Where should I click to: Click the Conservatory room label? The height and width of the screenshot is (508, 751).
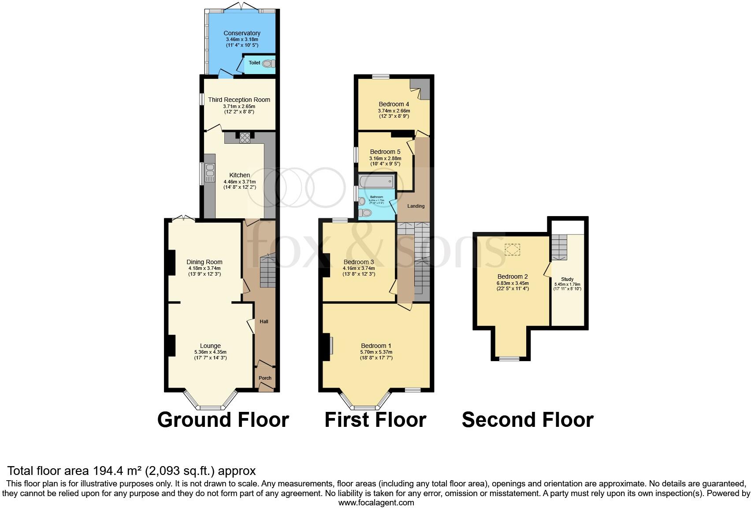[242, 33]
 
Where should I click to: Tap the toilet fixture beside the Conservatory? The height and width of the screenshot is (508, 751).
[267, 63]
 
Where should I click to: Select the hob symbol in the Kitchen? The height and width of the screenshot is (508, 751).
[245, 138]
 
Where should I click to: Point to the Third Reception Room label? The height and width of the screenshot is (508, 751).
[239, 100]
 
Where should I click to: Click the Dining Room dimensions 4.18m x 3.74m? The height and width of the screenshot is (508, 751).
[204, 268]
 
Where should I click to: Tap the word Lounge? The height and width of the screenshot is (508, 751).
[210, 346]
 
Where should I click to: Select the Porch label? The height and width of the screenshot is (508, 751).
[265, 378]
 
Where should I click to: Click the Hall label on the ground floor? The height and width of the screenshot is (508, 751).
[264, 321]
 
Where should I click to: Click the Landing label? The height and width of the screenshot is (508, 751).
[416, 206]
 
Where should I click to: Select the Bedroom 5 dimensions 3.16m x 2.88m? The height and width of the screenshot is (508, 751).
[385, 158]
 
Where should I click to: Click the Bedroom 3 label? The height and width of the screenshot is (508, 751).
[359, 262]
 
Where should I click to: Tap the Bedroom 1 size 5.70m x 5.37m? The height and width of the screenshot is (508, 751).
[376, 352]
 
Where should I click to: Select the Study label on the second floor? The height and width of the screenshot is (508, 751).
[567, 279]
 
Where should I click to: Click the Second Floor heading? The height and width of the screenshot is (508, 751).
[528, 420]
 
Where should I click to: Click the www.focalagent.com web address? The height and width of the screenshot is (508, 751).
[376, 502]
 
